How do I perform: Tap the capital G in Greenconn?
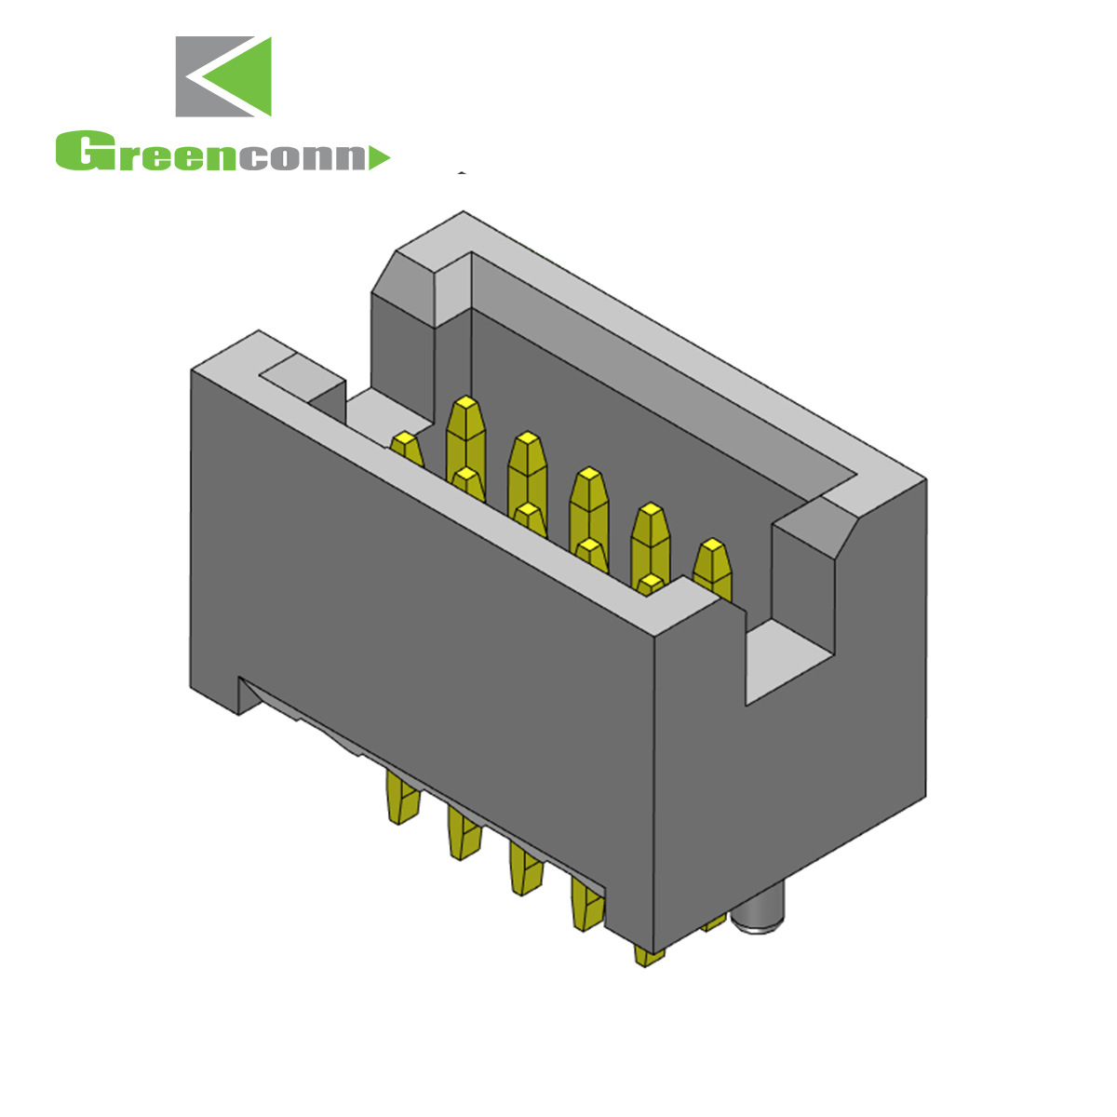(80, 152)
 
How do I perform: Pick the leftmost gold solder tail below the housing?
(402, 799)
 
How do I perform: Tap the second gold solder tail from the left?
(463, 834)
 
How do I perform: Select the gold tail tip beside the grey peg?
(714, 922)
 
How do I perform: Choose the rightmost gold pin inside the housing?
(712, 564)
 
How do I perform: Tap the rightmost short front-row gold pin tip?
(651, 586)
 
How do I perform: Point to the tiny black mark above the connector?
(462, 172)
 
